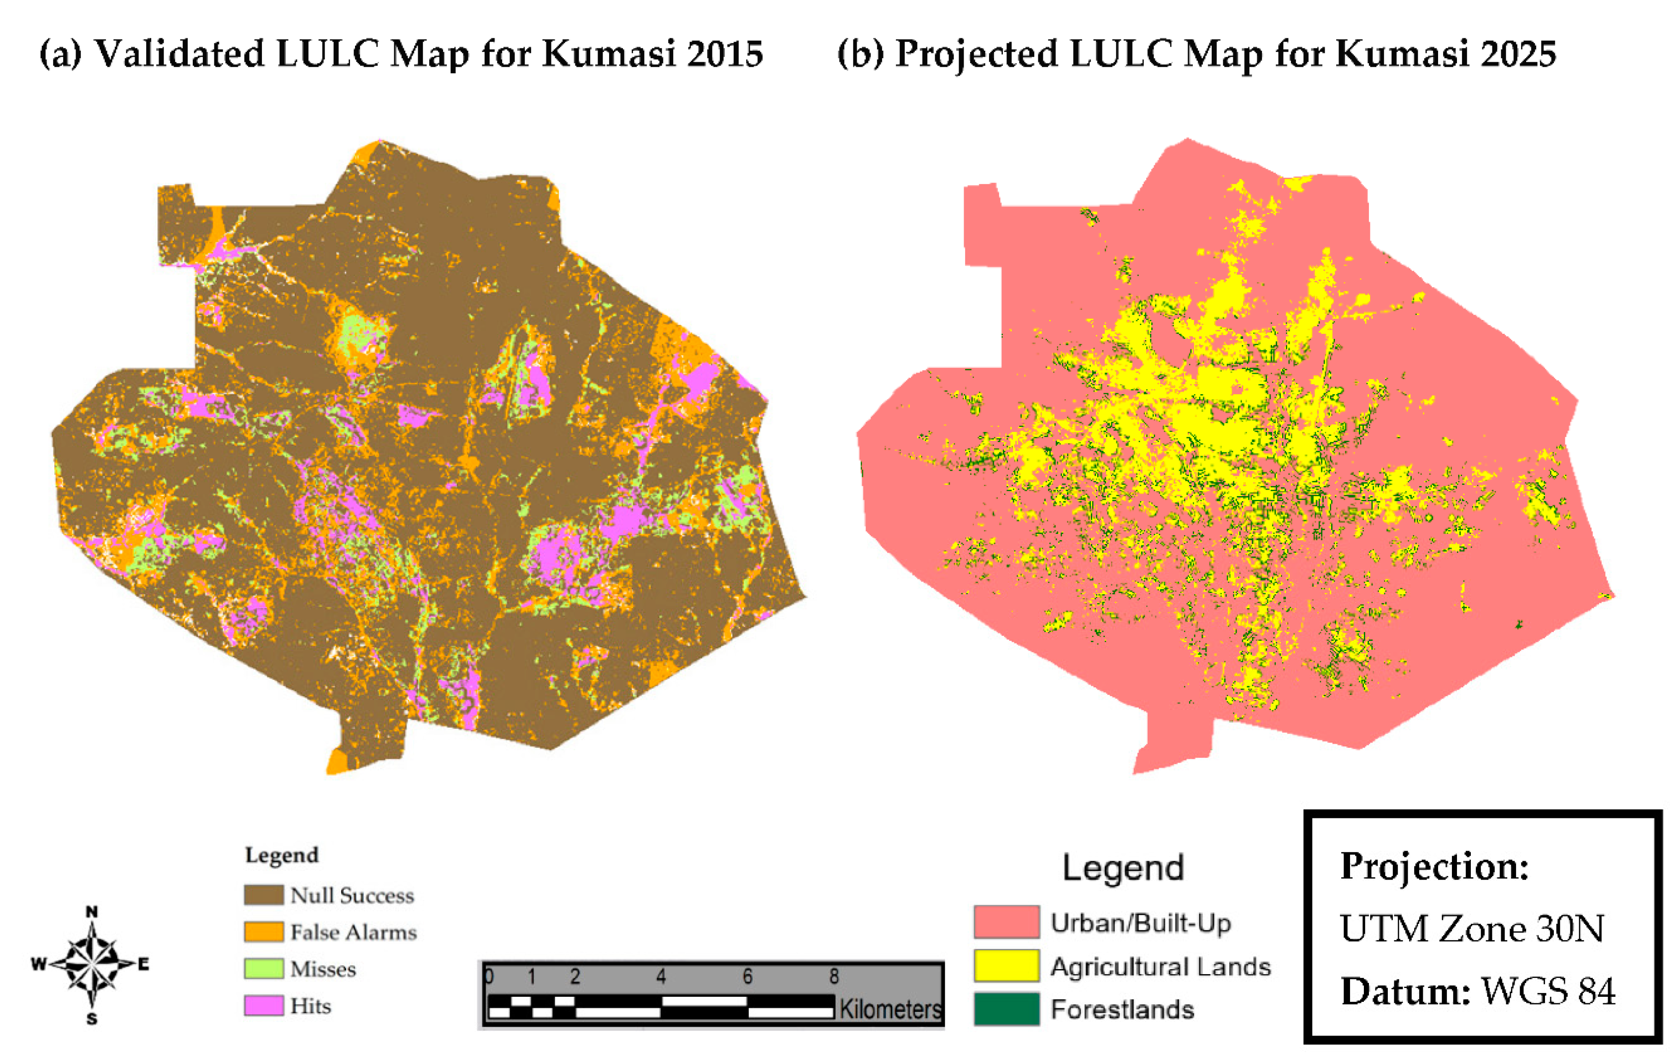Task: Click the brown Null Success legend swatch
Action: click(264, 894)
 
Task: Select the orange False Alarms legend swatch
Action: click(264, 931)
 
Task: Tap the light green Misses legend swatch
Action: click(264, 968)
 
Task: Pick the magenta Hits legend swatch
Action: click(264, 1005)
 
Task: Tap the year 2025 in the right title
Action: click(1518, 53)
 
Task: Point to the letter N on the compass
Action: click(92, 912)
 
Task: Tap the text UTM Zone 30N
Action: click(1472, 929)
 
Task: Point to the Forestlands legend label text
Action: click(1122, 1010)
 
